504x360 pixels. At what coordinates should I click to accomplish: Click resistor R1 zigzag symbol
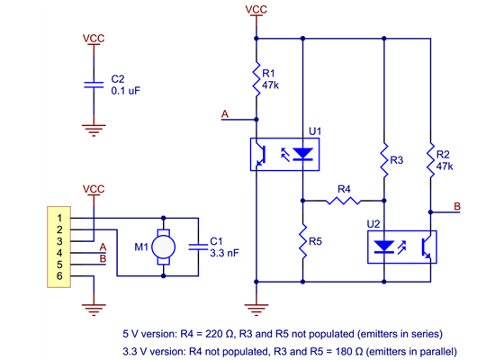[x=257, y=79]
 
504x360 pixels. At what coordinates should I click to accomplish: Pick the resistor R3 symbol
[x=383, y=159]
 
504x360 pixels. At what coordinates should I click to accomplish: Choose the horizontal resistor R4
[x=343, y=201]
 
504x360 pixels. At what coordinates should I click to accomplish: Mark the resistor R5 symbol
[x=303, y=241]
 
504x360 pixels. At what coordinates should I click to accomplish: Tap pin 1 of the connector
[x=59, y=218]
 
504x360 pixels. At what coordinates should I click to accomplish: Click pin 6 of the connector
[x=59, y=276]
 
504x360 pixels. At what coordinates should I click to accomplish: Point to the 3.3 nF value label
[x=223, y=254]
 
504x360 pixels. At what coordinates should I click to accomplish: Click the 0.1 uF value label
[x=126, y=91]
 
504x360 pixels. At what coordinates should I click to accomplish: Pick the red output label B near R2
[x=457, y=207]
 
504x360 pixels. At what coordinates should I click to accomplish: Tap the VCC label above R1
[x=257, y=9]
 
